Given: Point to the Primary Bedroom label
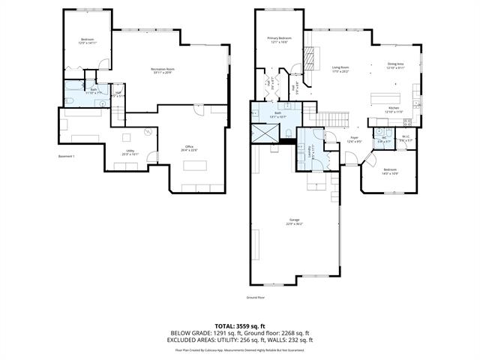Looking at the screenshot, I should click(279, 38).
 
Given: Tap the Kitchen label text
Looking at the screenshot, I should click(394, 110).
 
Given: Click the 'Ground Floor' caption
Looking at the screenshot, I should click(256, 298).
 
